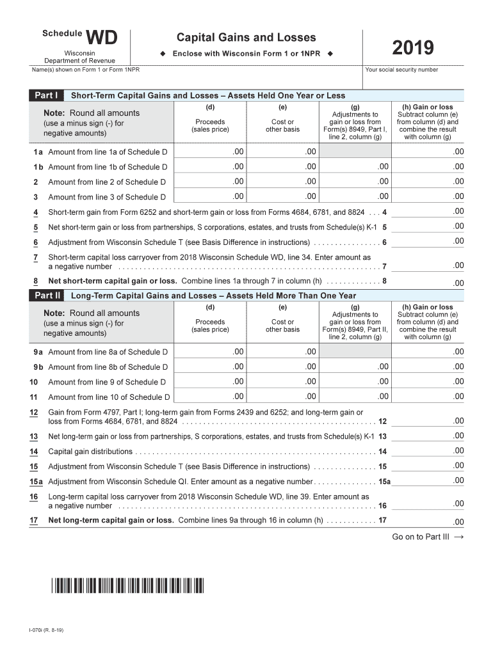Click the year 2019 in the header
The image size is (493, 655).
(x=413, y=48)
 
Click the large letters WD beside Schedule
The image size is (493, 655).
(x=102, y=38)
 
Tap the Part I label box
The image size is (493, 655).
(x=46, y=95)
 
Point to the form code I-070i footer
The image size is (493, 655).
(x=46, y=631)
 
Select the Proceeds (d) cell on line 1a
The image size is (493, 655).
(x=210, y=152)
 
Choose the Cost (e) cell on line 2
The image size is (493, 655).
(x=283, y=182)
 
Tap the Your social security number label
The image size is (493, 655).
(x=401, y=70)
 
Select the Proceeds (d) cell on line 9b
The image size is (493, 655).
(x=210, y=367)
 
